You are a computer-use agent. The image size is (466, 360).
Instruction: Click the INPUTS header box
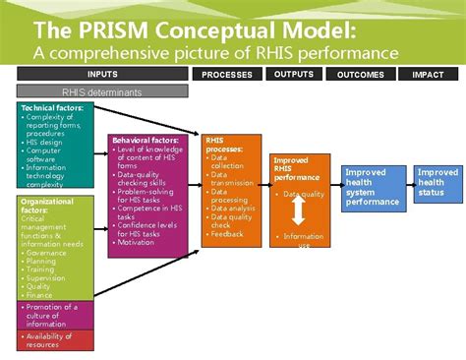click(x=102, y=74)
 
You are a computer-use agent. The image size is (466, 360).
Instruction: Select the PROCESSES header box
click(x=226, y=74)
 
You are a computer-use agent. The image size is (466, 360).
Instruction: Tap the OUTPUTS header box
click(x=294, y=74)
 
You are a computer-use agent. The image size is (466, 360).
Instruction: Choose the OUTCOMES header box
click(x=360, y=74)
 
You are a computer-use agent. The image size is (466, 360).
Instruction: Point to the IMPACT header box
click(x=428, y=74)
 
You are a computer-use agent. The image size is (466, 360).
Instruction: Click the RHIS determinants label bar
click(x=102, y=92)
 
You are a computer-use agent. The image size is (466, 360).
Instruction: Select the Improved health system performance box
click(x=373, y=187)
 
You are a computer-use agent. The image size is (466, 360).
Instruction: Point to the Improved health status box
click(x=437, y=182)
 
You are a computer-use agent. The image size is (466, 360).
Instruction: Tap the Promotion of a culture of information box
click(x=57, y=315)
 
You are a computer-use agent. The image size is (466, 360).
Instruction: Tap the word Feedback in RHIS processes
click(x=228, y=234)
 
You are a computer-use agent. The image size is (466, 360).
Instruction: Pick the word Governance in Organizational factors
click(x=48, y=253)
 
